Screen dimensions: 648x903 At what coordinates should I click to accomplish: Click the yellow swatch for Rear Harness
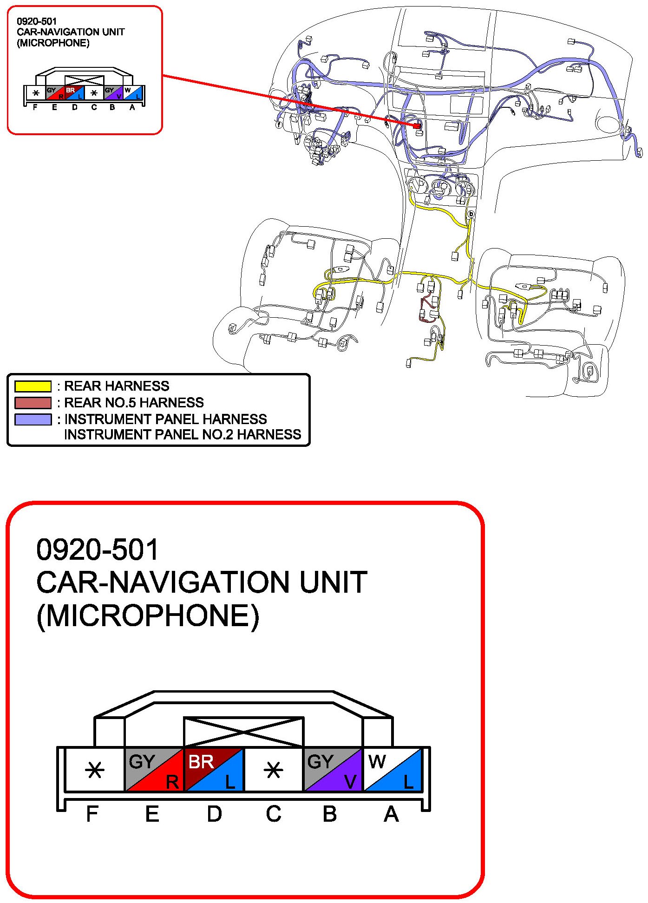click(x=33, y=386)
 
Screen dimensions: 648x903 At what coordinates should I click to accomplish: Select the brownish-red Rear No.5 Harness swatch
click(x=33, y=402)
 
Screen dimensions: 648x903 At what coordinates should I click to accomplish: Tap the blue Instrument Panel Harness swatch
click(x=33, y=419)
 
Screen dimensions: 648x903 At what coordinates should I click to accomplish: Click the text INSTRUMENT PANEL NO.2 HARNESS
click(x=182, y=434)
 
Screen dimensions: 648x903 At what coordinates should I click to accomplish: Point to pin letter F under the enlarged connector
click(x=92, y=814)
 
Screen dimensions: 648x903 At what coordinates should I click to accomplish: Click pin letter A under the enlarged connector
click(x=391, y=814)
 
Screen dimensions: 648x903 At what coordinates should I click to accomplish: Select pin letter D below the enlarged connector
click(x=214, y=814)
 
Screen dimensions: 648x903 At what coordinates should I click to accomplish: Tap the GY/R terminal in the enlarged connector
click(x=155, y=770)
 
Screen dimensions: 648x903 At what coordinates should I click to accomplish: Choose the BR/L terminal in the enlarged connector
click(x=214, y=770)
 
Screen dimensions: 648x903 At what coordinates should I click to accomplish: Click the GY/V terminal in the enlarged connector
click(x=333, y=770)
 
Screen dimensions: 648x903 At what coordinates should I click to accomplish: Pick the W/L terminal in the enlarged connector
click(x=393, y=770)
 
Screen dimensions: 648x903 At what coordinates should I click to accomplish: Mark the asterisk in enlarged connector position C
click(x=273, y=771)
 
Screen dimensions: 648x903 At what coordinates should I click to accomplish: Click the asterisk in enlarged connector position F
click(x=95, y=771)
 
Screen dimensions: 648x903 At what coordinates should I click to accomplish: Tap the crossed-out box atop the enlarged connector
click(x=244, y=732)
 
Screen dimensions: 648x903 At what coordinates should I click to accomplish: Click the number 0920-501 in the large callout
click(x=98, y=550)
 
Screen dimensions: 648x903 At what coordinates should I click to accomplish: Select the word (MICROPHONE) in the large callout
click(x=148, y=616)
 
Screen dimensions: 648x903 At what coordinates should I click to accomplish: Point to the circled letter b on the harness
click(x=471, y=214)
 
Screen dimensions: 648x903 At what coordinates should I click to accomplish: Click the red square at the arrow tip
click(x=418, y=125)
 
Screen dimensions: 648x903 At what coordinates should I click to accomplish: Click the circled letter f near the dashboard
click(x=279, y=124)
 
